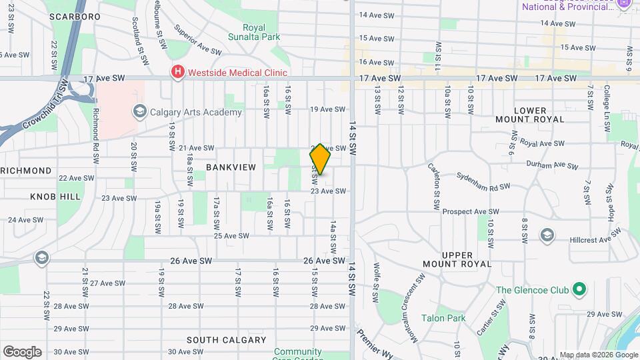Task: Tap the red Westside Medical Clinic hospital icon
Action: [x=177, y=73]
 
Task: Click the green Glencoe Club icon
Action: [x=579, y=290]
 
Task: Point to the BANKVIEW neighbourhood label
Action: [x=231, y=167]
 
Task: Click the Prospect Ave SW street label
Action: [x=471, y=212]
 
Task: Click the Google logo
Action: [x=22, y=352]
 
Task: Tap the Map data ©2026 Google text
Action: [x=597, y=355]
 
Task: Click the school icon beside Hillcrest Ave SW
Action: [x=547, y=235]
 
